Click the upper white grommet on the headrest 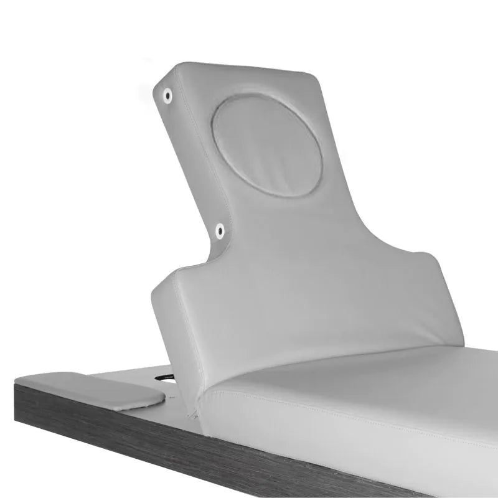click(x=167, y=95)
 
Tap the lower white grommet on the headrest click(x=220, y=231)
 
